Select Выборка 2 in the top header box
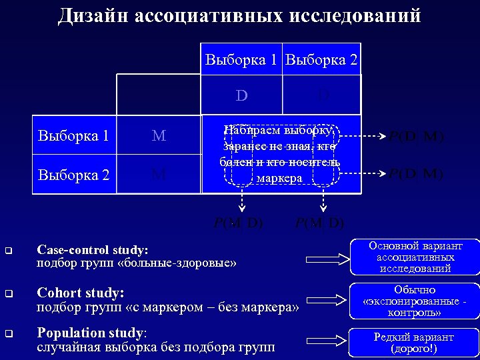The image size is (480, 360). point(321,60)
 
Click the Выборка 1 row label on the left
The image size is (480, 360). point(73,136)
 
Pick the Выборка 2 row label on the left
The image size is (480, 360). point(73,175)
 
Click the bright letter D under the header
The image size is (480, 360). point(241,95)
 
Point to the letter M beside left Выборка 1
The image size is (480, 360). point(159,136)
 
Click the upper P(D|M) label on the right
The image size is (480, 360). point(416,137)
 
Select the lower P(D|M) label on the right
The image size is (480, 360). point(416,175)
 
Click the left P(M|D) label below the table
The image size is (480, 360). point(238,222)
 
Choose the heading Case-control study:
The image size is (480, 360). point(93,250)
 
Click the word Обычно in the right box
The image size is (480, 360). point(415,290)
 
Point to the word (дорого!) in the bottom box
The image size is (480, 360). point(415,349)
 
